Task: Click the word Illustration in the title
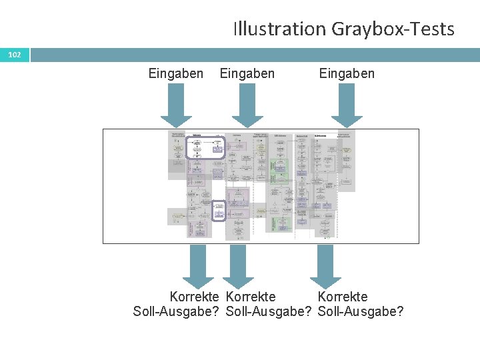click(278, 29)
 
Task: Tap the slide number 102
click(15, 55)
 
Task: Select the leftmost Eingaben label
click(176, 73)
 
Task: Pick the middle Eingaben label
click(247, 73)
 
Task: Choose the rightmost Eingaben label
click(347, 73)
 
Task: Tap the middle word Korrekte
click(251, 297)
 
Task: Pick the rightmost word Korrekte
click(343, 297)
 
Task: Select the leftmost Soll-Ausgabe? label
click(177, 311)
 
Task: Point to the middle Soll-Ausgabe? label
click(269, 311)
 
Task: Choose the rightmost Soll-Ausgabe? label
click(361, 311)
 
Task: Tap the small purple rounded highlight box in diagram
click(219, 211)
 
